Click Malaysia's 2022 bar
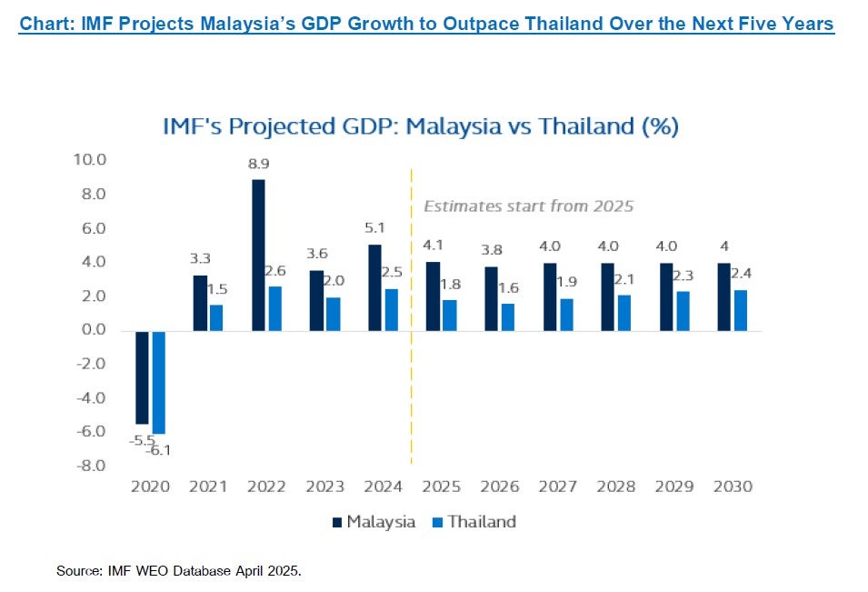tap(258, 256)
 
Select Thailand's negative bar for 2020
tap(159, 382)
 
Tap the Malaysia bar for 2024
tap(374, 288)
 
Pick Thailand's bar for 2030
tap(741, 311)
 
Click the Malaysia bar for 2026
tap(492, 299)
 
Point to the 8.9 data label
tap(258, 164)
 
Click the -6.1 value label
tap(159, 451)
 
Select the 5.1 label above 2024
tap(374, 227)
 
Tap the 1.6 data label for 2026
tap(508, 288)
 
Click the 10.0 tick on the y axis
tap(90, 160)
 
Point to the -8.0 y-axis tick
tap(91, 466)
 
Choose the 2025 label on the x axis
tap(441, 487)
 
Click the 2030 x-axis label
tap(733, 487)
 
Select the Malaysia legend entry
tap(374, 522)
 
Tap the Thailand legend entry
tap(474, 522)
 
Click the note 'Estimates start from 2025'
tap(529, 206)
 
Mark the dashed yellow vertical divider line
tap(412, 316)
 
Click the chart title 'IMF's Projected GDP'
tap(421, 126)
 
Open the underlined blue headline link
tap(426, 25)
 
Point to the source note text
tap(179, 571)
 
